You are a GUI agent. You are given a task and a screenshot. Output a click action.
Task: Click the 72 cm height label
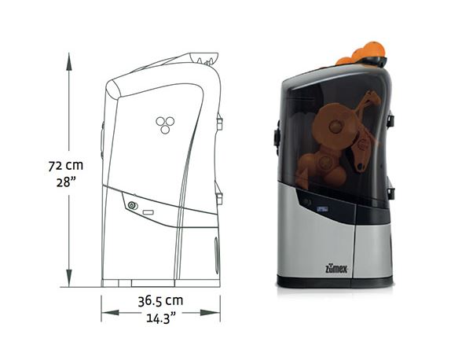[65, 166]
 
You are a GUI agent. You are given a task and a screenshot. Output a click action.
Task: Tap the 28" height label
[66, 182]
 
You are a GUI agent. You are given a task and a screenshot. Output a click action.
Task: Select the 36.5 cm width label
[160, 301]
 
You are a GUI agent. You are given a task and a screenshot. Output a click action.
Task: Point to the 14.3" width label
[161, 318]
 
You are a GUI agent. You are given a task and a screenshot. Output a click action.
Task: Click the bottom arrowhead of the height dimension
[69, 278]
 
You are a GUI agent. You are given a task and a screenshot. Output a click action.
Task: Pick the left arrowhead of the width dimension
[110, 313]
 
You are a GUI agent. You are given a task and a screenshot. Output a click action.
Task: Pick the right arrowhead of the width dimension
[211, 313]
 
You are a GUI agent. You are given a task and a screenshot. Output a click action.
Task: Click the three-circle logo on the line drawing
[165, 125]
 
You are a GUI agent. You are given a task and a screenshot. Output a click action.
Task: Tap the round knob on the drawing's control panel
[133, 205]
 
